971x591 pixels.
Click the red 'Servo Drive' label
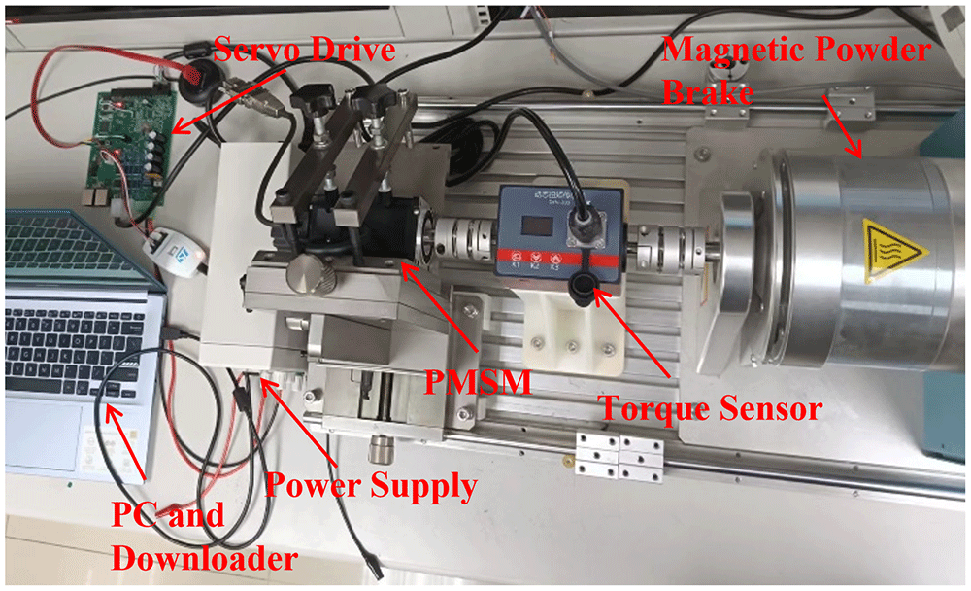tap(304, 50)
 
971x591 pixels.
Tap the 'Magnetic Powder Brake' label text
tap(796, 70)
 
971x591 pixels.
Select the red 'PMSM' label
tap(478, 381)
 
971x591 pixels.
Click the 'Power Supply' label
tap(371, 486)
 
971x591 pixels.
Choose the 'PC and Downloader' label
tap(204, 537)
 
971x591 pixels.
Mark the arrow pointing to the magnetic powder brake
tap(843, 126)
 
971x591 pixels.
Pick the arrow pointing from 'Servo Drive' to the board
tap(229, 100)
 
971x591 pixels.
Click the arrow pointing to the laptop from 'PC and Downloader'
tap(125, 443)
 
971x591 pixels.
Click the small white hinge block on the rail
tap(619, 457)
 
